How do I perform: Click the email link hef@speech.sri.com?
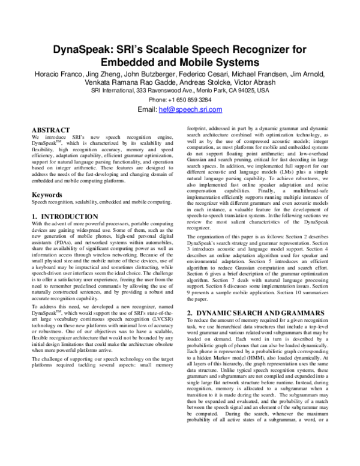[190, 110]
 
